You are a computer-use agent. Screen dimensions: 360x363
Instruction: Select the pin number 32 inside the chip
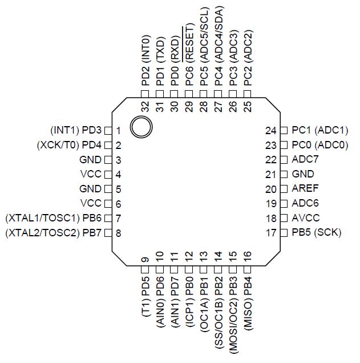[x=145, y=107]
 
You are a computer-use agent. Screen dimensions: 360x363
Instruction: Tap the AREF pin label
[x=305, y=188]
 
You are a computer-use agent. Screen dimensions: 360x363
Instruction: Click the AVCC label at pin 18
[x=306, y=218]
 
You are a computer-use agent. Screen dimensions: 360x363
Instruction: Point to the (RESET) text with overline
[x=189, y=43]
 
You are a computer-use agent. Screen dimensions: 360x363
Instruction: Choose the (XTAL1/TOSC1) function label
[x=43, y=218]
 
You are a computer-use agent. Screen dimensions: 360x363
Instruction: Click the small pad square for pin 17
[x=284, y=233]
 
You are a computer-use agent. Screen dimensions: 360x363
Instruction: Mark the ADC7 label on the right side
[x=305, y=159]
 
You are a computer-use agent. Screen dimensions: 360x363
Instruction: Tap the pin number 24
[x=271, y=131]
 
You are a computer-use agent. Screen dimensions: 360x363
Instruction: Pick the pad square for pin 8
[x=108, y=233]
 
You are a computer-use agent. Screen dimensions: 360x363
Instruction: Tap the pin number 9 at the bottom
[x=145, y=260]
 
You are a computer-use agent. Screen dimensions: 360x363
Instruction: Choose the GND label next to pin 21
[x=303, y=174]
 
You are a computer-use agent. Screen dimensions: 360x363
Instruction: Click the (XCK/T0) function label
[x=58, y=145]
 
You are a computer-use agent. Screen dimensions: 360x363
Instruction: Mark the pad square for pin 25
[x=248, y=94]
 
